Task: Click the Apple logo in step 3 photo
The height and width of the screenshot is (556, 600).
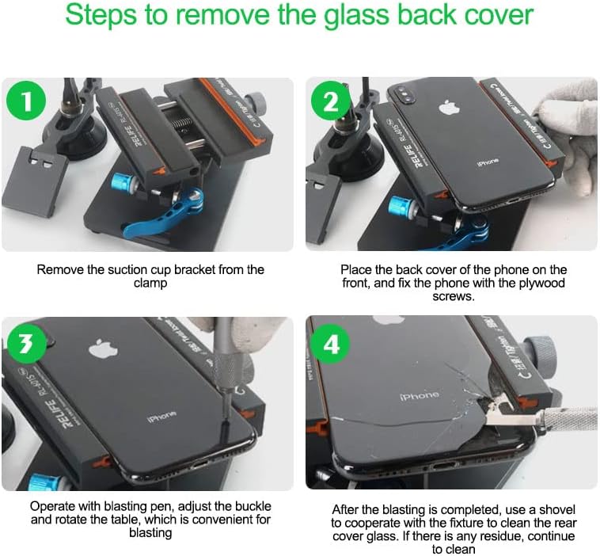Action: pyautogui.click(x=99, y=348)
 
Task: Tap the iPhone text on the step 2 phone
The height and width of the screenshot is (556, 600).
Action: pyautogui.click(x=488, y=162)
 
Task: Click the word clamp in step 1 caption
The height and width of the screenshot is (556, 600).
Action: pyautogui.click(x=150, y=283)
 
